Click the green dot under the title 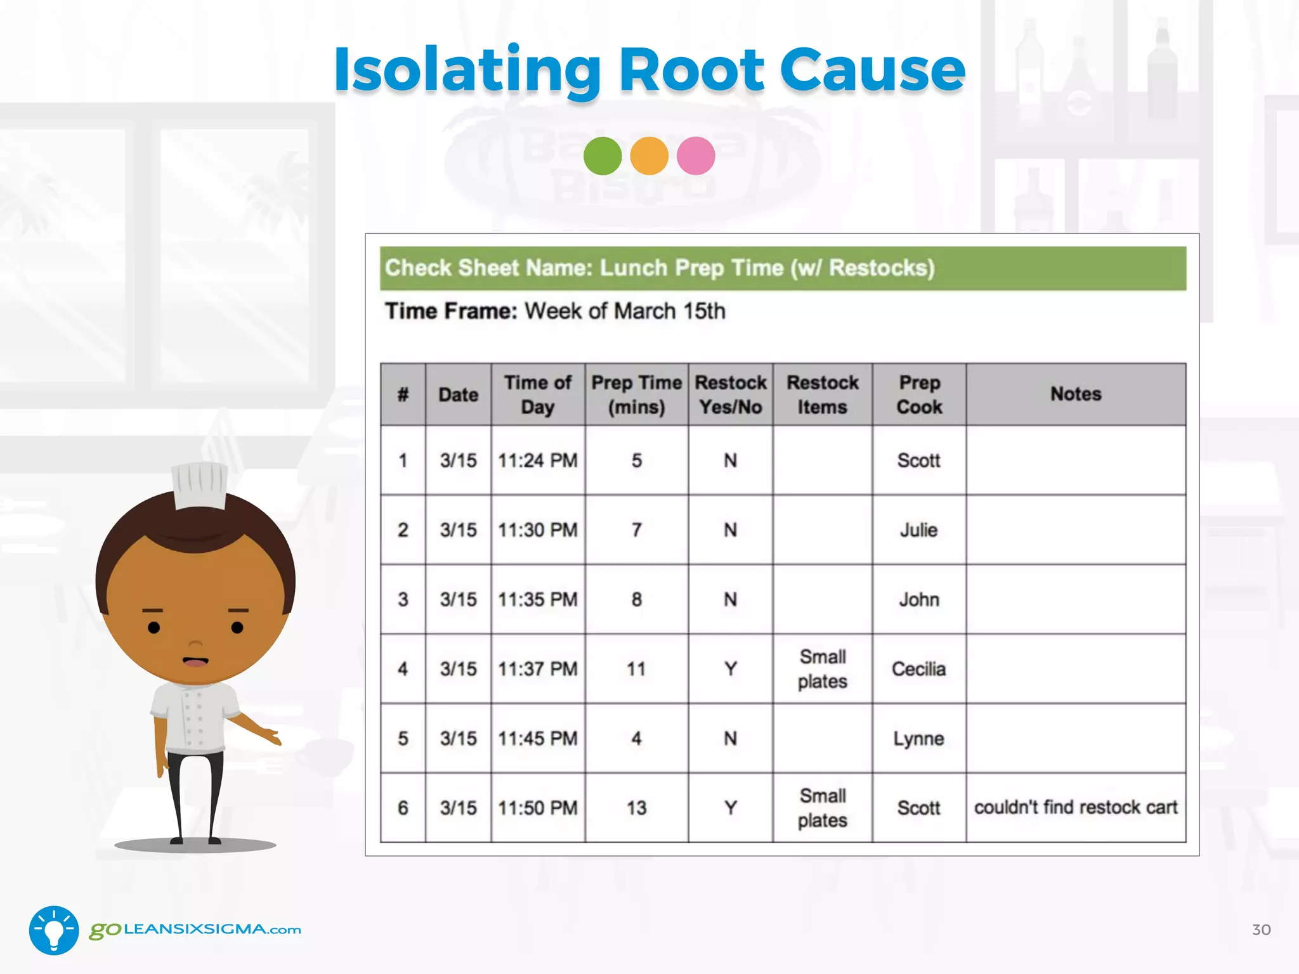click(602, 156)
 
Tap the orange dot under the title click(649, 156)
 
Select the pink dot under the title click(696, 156)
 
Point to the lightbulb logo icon click(54, 930)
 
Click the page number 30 click(1261, 930)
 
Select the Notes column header click(1076, 394)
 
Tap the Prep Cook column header click(919, 394)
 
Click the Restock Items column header click(822, 394)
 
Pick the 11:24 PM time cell click(537, 460)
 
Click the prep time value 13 click(636, 808)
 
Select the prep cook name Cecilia click(918, 669)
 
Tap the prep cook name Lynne click(918, 739)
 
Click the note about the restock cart click(1076, 807)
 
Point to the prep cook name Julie click(918, 530)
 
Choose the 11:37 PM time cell click(537, 669)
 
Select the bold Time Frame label click(451, 311)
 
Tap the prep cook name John click(918, 599)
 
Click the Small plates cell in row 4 click(822, 669)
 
